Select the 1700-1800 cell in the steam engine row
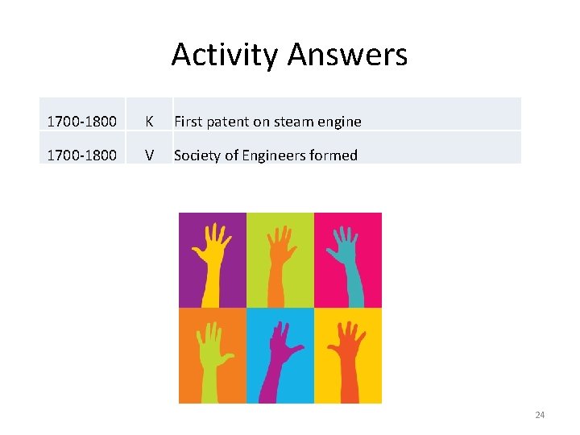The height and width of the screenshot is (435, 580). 81,122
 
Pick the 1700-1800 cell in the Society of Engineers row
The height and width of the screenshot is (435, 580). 81,155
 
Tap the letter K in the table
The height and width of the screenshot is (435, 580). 149,122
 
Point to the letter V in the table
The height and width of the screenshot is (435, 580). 149,155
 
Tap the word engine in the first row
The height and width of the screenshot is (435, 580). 342,122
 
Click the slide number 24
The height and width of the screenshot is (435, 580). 540,415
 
